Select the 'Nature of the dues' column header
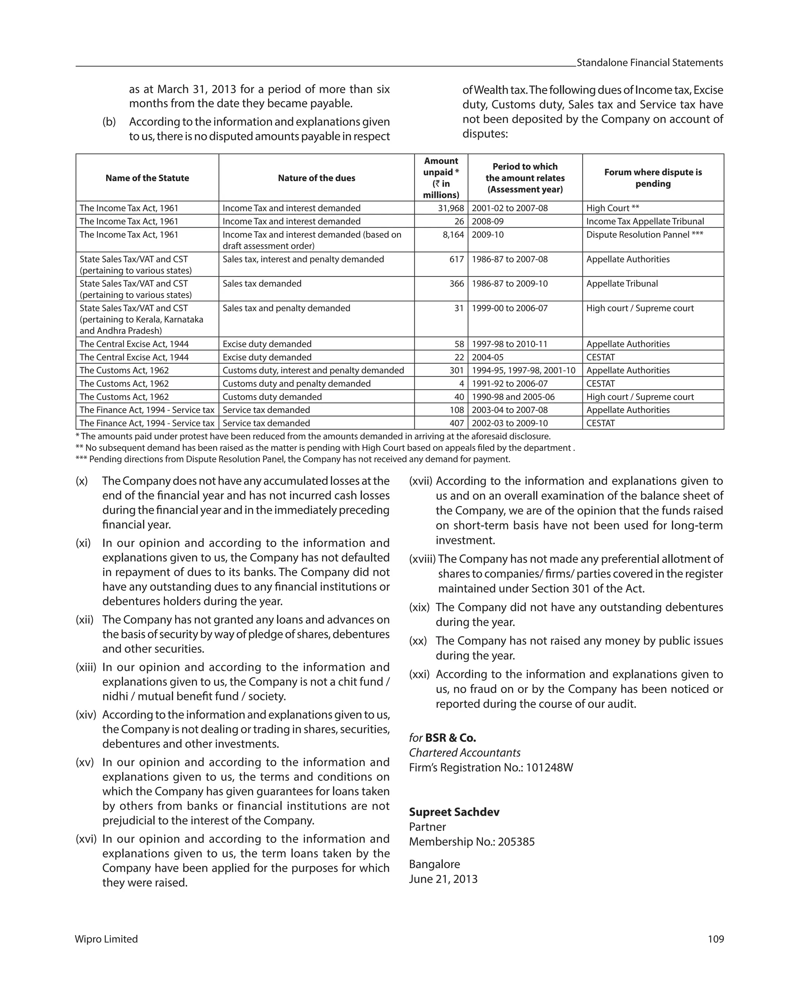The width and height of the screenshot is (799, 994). tap(316, 178)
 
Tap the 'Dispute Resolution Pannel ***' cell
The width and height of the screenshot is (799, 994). tap(644, 235)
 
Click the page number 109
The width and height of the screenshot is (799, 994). tap(716, 939)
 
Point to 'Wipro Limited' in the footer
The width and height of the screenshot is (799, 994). tap(107, 939)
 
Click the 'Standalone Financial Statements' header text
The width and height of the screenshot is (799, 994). tap(650, 63)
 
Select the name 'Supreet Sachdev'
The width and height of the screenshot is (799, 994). tap(454, 812)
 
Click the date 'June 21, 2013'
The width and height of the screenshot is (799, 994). tap(443, 879)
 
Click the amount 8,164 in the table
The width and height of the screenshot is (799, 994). tap(453, 235)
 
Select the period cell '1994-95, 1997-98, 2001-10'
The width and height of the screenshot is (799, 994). tap(524, 370)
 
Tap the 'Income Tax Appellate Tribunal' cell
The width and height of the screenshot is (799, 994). tap(645, 221)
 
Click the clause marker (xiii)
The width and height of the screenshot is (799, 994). tap(86, 667)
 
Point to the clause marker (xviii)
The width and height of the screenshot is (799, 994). tap(422, 559)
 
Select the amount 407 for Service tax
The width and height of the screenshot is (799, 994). tap(456, 423)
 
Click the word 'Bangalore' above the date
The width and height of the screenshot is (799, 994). tap(434, 864)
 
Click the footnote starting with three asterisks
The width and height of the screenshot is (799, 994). tap(293, 459)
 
